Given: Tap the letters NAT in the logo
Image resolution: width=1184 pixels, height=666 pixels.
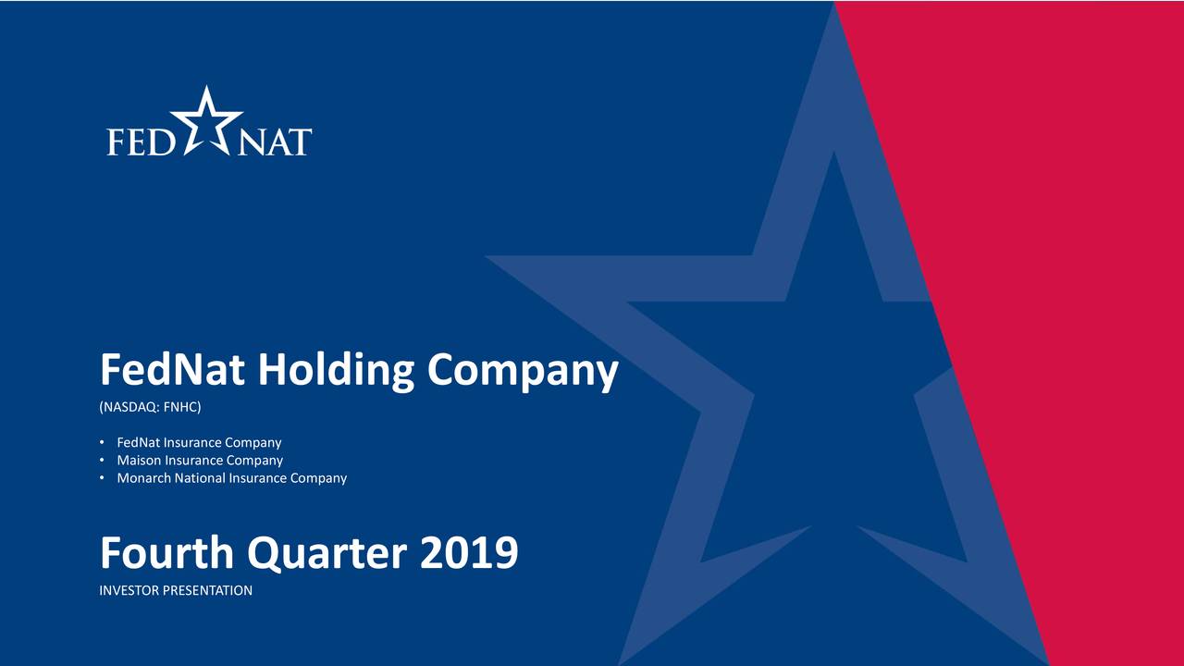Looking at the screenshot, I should coord(275,142).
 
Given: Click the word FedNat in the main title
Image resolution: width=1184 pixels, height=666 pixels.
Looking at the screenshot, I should coord(173,371).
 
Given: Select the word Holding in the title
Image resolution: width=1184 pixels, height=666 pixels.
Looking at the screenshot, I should coord(337,373).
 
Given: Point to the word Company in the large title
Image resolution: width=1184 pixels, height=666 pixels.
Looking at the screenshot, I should coord(522,373).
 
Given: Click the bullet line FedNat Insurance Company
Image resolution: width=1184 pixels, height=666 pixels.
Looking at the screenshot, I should coord(199,443).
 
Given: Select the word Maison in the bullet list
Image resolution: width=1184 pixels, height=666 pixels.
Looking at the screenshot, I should coord(139,461).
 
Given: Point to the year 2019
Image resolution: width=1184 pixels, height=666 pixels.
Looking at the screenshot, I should coord(468,554).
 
